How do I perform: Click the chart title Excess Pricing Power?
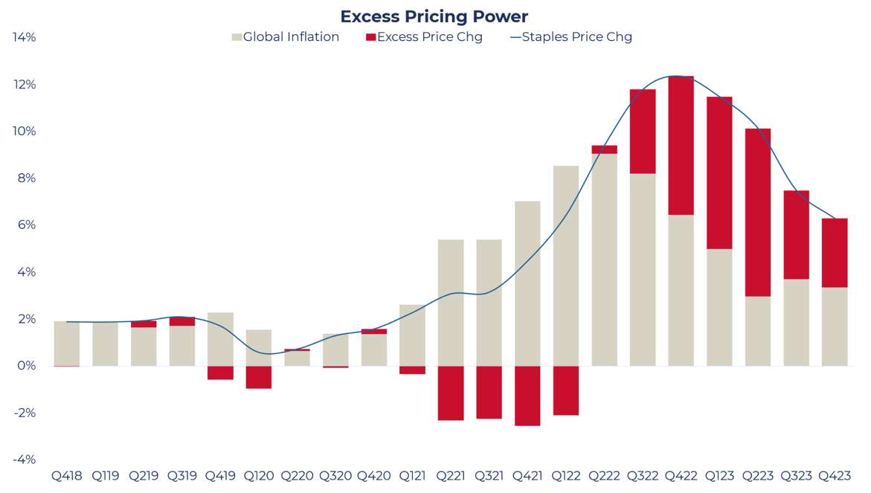[434, 16]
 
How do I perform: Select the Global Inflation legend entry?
[286, 37]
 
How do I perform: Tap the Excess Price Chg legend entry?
[424, 37]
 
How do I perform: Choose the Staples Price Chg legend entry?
[571, 37]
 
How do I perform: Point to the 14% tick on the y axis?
[25, 37]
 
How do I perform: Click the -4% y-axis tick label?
[25, 460]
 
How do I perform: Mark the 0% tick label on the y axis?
[27, 366]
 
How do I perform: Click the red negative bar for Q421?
[527, 396]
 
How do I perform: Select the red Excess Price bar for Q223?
[757, 213]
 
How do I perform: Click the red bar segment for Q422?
[681, 146]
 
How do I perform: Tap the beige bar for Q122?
[566, 265]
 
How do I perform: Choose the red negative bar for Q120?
[259, 377]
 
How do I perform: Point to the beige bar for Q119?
[106, 344]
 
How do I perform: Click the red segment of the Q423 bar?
[835, 253]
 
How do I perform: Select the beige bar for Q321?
[489, 303]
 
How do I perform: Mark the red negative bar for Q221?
[451, 393]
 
